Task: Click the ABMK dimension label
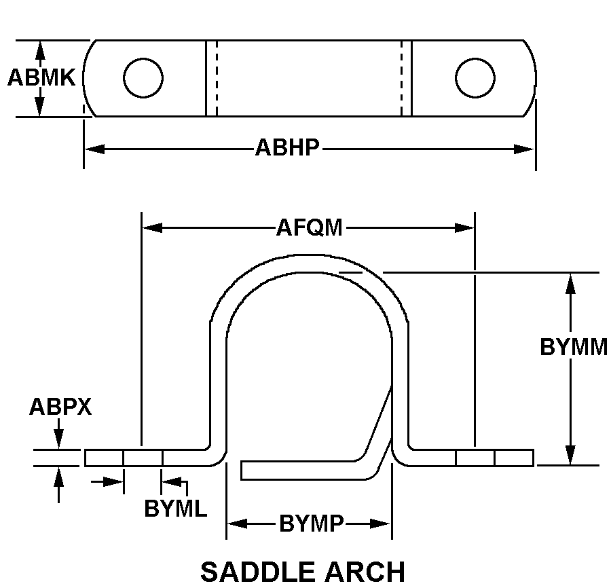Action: [x=41, y=78]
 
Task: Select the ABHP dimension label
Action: [x=286, y=148]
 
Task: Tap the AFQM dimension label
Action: [x=309, y=227]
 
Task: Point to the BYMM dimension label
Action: [x=574, y=347]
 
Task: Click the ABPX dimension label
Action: [x=60, y=407]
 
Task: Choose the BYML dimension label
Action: [x=175, y=509]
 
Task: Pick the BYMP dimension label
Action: [x=311, y=524]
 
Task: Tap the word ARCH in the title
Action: [x=367, y=572]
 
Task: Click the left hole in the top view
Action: [x=143, y=77]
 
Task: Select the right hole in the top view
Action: [x=475, y=77]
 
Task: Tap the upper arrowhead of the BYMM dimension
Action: [x=571, y=283]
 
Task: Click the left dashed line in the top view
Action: [x=217, y=77]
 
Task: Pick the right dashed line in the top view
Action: [x=401, y=77]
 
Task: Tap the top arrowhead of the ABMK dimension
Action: [x=40, y=50]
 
